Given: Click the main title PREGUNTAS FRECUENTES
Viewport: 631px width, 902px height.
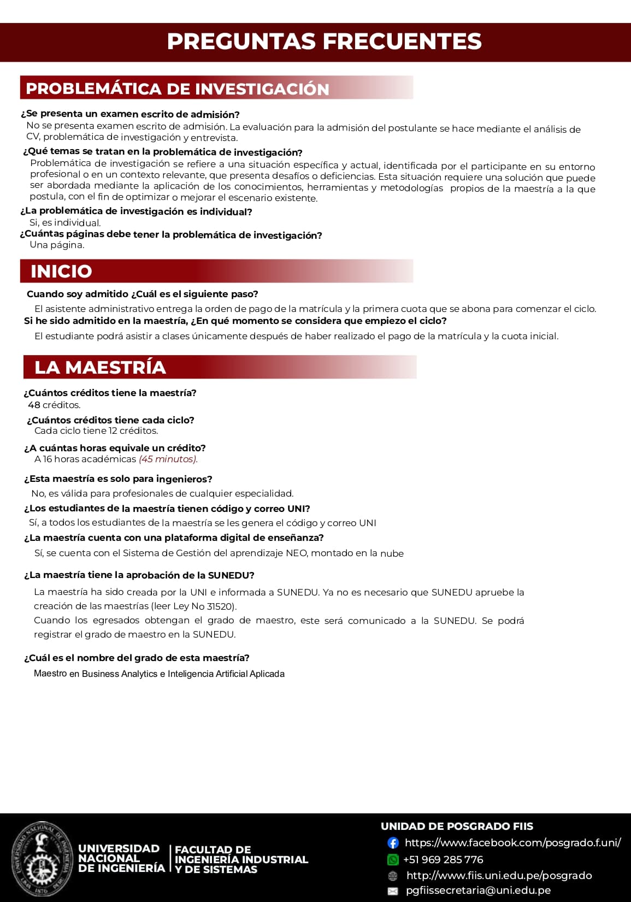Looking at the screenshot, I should pos(324,42).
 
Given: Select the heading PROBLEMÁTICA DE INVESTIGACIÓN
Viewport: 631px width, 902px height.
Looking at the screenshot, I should pos(178,89).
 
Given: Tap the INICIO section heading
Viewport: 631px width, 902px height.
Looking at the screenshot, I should pos(61,271).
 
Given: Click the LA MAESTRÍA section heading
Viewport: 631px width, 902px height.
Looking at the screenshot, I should pos(100,367).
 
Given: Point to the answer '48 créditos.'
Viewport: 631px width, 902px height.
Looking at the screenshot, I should pos(54,405).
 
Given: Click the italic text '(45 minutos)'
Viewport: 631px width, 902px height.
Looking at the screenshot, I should pos(168,459).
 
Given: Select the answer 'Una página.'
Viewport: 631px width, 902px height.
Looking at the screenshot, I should pos(57,245).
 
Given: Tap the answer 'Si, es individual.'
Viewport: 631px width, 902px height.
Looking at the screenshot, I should pos(65,222).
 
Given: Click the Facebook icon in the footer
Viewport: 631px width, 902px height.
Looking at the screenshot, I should pos(393,843).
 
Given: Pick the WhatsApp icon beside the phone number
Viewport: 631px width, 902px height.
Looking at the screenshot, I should pos(393,860).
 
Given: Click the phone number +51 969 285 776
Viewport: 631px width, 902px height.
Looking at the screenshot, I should pos(443,859).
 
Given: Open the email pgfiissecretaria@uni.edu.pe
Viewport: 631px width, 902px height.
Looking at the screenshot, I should pos(478,891).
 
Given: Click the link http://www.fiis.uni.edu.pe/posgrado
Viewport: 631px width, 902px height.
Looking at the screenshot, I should pos(499,875).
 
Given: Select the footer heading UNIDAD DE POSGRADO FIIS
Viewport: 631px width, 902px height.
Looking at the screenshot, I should pos(457,826).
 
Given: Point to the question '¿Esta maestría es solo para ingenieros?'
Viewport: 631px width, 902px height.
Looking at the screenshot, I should pos(118,479).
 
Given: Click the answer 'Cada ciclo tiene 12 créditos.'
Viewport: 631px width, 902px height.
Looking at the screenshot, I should pos(96,431).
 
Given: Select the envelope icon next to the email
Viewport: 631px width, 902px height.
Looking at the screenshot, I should pos(393,891).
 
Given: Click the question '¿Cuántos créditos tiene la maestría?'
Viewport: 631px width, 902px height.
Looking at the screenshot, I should pos(110,393).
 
